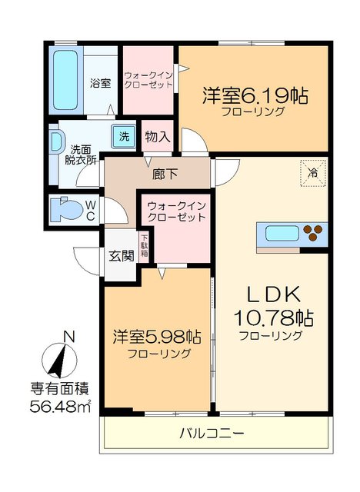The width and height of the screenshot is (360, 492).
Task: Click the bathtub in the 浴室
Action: [x=63, y=78]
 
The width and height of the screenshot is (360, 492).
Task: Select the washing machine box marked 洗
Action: [x=123, y=137]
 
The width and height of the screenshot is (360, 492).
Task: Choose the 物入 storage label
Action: [x=157, y=138]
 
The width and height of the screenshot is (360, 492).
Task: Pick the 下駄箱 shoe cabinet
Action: [x=144, y=247]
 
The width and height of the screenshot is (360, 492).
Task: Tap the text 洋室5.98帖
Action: [x=158, y=337]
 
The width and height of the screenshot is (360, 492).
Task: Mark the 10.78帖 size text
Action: [x=272, y=317]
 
